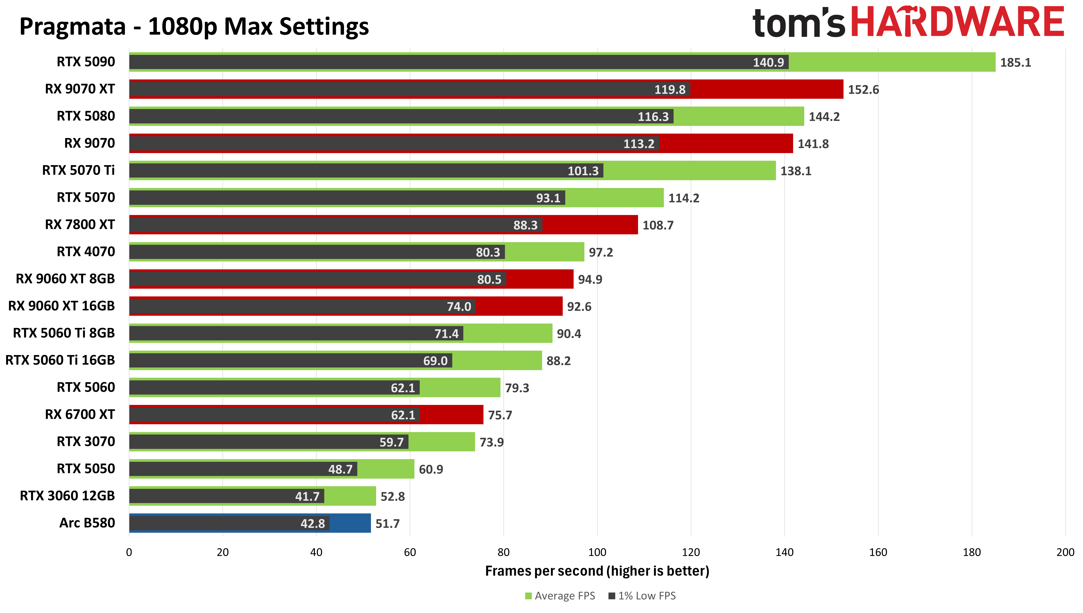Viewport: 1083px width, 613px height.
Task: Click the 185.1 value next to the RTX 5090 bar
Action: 1015,63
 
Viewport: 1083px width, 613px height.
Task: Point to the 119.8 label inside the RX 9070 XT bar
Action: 670,90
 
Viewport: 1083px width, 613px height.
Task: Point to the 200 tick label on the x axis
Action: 1065,552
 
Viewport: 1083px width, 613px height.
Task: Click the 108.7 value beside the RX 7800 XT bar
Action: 658,225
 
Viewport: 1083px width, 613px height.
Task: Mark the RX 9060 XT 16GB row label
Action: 61,306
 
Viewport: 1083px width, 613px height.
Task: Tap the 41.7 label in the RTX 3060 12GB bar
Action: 307,496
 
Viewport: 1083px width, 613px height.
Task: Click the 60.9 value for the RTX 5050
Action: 431,469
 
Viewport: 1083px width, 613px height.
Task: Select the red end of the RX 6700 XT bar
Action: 451,415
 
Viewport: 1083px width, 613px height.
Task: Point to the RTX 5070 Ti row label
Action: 78,171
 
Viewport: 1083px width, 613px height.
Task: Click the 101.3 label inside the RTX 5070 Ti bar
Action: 583,171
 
